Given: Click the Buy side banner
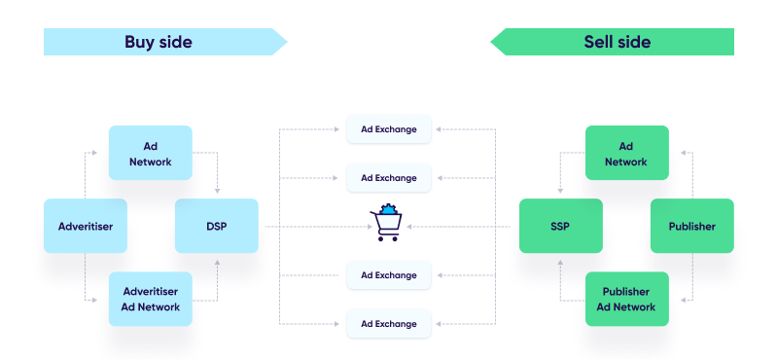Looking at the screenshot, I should click(x=160, y=42).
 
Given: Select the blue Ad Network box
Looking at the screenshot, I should click(x=150, y=153).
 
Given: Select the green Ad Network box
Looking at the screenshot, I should click(x=626, y=153).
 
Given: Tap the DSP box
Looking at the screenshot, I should click(x=216, y=226).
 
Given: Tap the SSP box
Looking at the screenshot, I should click(x=560, y=226).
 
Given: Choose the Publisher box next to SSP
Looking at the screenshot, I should click(x=691, y=226).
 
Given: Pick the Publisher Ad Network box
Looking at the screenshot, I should click(x=626, y=299).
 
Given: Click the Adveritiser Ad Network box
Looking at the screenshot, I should click(x=150, y=299).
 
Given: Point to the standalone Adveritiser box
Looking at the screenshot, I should click(x=86, y=226).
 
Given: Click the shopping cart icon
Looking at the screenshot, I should click(x=386, y=225).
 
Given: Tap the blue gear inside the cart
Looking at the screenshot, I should click(x=390, y=209).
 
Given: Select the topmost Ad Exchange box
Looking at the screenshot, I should click(x=388, y=129).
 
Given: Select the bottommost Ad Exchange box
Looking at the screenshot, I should click(x=388, y=323).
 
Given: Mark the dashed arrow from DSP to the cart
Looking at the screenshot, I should click(x=311, y=227).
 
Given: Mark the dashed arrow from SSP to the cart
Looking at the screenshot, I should click(x=467, y=227).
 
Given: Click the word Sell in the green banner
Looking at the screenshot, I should click(x=597, y=42).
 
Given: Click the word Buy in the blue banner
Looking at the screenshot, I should click(x=140, y=42).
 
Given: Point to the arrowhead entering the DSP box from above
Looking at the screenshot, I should click(x=217, y=191).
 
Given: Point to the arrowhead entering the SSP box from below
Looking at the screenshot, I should click(x=560, y=259).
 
